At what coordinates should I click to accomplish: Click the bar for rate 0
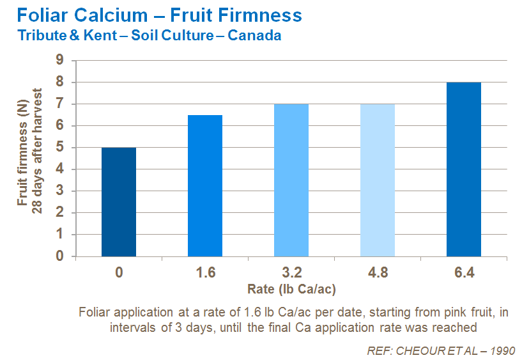click(119, 201)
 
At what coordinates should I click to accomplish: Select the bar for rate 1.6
click(205, 185)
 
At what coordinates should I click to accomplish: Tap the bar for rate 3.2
click(291, 180)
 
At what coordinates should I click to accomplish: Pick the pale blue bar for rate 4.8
click(378, 180)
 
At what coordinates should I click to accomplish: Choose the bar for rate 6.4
click(464, 169)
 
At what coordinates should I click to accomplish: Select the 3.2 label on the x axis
click(291, 273)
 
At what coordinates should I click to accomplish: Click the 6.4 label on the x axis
click(464, 273)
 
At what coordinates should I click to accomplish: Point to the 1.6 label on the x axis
click(205, 273)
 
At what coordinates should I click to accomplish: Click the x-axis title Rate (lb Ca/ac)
click(291, 289)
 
